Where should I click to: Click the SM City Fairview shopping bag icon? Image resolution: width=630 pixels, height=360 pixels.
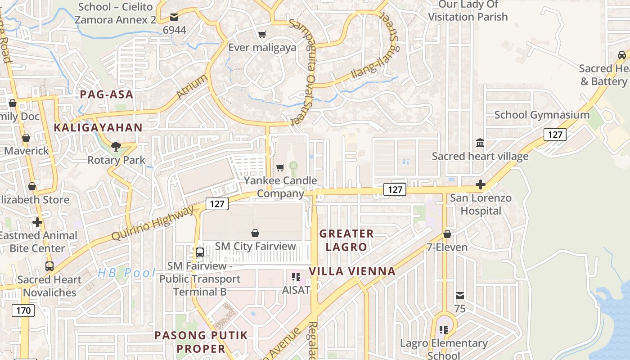point(255,233)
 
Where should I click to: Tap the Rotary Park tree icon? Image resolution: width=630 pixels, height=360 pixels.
point(116,146)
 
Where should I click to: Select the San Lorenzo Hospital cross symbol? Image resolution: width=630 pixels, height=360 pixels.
point(481,184)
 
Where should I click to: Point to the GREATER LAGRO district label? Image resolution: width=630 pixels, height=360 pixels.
point(346,240)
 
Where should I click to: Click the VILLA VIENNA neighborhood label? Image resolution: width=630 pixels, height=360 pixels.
point(352,271)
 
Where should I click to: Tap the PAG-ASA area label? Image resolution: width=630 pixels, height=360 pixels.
point(107,94)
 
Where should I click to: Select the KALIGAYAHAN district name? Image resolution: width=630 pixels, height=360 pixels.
point(98,128)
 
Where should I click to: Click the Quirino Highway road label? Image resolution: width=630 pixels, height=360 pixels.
point(153,223)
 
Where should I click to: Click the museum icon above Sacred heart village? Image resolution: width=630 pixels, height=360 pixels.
point(480,143)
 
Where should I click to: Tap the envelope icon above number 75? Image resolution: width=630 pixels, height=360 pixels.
point(460,296)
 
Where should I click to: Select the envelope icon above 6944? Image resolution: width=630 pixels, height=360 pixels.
point(174,17)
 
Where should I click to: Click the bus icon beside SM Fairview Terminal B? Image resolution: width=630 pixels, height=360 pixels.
point(200,252)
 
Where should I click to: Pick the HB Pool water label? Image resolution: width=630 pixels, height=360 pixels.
point(126,273)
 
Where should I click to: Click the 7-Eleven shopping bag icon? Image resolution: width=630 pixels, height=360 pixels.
point(447,234)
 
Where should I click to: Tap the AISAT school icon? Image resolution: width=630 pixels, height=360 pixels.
point(296,276)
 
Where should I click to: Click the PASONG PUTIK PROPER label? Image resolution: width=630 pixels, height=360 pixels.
point(201,342)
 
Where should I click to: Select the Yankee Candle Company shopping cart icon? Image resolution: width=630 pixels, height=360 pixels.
point(280,168)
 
